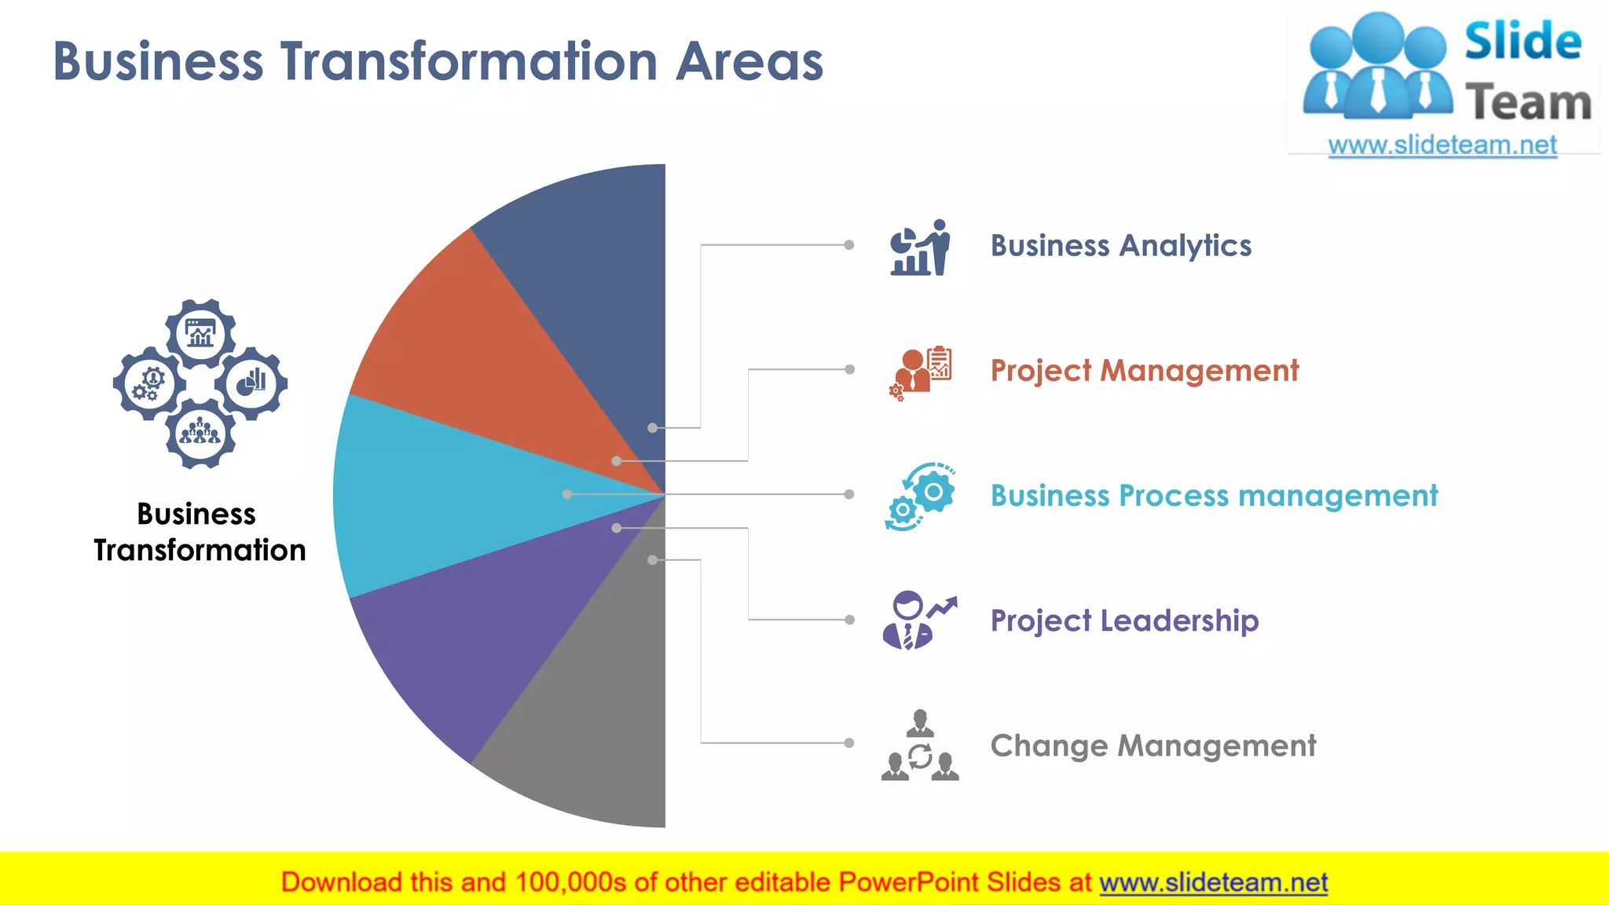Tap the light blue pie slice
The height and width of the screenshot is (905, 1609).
(440, 495)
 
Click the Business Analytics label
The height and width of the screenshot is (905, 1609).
(1120, 246)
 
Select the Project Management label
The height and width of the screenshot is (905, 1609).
(1144, 371)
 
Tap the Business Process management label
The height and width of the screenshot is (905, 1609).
(1214, 496)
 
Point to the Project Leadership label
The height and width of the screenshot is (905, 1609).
(1124, 621)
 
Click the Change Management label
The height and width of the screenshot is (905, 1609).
(1153, 746)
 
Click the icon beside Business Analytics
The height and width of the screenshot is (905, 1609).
(920, 247)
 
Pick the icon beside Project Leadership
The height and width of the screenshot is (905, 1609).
(920, 621)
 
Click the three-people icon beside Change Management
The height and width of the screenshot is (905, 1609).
(920, 746)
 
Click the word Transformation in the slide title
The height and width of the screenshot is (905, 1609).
(469, 61)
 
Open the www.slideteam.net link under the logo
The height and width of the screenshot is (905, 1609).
(1442, 145)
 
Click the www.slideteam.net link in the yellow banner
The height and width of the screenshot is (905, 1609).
(1213, 883)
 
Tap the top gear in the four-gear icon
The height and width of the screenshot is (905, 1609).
(200, 334)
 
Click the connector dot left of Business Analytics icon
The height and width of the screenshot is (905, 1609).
(849, 245)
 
